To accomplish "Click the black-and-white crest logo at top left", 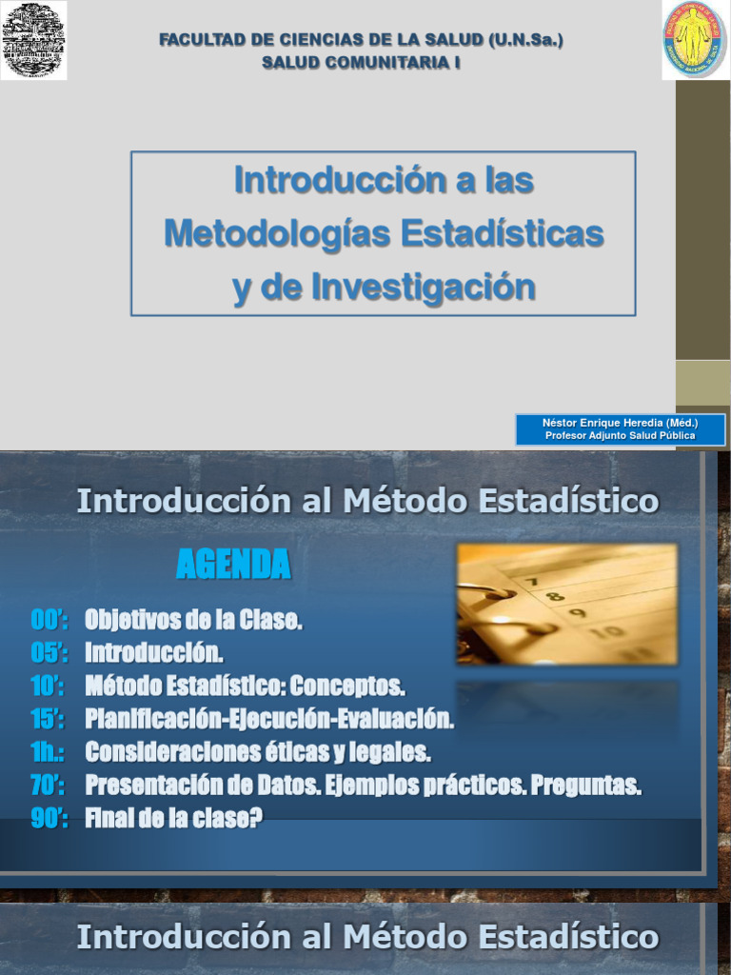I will click(x=33, y=40).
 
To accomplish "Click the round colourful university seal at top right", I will click(x=695, y=40).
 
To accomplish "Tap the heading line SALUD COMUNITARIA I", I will click(x=361, y=63).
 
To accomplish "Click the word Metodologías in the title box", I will click(x=275, y=233).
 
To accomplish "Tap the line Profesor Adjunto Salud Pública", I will click(x=620, y=435).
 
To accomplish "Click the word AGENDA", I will click(x=233, y=567).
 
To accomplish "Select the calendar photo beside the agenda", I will click(x=567, y=604).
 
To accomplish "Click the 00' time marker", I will click(x=49, y=622).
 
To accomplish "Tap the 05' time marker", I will click(x=49, y=654).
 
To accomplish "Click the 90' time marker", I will click(x=49, y=818).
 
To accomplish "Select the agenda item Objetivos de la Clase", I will click(x=193, y=622).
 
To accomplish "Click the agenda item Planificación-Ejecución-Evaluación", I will click(x=269, y=720).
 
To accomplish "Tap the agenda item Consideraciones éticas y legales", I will click(x=258, y=752).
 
